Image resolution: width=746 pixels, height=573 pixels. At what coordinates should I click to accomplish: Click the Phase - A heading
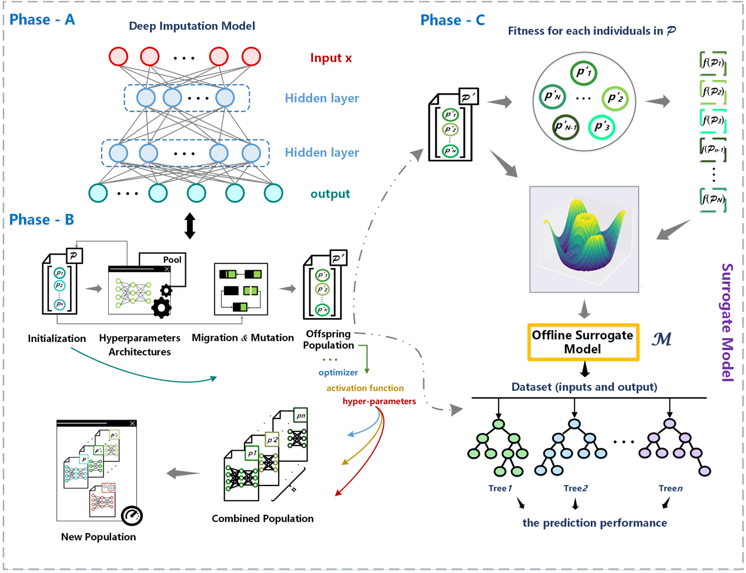[42, 19]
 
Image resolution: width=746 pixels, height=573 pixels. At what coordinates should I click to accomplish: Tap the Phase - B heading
[42, 220]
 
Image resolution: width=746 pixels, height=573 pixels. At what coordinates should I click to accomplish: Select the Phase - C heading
[453, 20]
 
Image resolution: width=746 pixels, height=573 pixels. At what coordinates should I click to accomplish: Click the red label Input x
[331, 58]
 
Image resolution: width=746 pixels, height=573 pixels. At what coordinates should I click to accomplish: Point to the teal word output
[330, 194]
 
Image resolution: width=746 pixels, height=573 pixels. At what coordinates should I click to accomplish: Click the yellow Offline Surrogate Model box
[583, 342]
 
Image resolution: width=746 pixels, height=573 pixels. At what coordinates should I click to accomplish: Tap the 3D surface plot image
[584, 239]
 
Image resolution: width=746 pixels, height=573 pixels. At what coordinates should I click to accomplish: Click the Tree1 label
[500, 488]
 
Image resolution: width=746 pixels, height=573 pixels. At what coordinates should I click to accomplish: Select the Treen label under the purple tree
[671, 488]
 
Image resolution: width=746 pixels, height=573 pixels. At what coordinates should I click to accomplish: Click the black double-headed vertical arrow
[190, 226]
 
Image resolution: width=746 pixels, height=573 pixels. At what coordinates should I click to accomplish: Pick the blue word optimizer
[338, 373]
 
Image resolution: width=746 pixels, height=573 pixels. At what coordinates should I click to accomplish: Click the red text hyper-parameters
[379, 401]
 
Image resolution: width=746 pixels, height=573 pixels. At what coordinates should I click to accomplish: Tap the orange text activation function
[365, 388]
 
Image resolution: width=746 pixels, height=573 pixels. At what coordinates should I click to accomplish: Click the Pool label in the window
[172, 260]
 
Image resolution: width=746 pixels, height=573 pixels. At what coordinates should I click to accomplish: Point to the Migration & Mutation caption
[243, 338]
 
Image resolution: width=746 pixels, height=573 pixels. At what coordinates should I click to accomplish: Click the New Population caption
[98, 537]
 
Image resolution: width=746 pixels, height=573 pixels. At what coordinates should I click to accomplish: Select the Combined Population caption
[263, 518]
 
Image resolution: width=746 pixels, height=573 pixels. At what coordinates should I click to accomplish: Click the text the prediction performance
[594, 523]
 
